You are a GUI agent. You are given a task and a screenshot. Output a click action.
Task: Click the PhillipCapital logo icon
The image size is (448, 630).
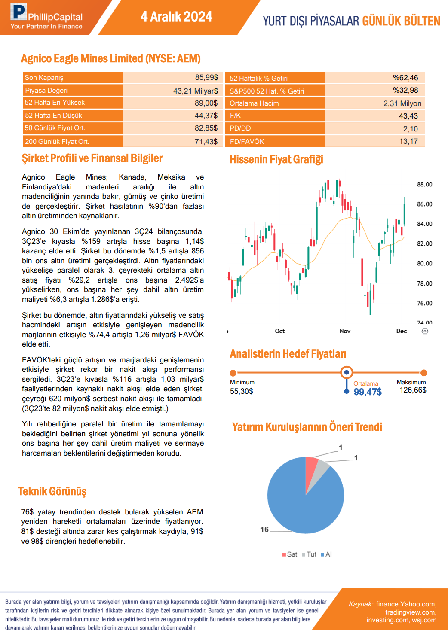(18, 12)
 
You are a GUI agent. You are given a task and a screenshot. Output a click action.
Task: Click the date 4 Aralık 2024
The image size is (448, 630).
(176, 17)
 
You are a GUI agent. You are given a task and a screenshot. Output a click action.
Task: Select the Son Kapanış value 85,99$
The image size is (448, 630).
(206, 77)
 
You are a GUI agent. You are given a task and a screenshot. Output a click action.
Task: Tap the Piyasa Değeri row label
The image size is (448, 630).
(46, 91)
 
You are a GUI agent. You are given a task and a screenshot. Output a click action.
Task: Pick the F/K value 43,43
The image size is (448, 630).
(408, 116)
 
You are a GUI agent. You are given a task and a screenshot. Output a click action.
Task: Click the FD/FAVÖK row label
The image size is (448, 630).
(247, 141)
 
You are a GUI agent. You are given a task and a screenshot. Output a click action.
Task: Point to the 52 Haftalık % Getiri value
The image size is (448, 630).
(405, 78)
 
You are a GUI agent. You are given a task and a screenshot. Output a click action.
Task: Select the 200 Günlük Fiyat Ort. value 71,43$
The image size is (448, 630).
(206, 141)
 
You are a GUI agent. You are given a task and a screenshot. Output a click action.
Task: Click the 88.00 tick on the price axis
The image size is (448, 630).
(424, 184)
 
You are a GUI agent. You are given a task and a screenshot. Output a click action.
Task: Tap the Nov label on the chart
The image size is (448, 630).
(345, 331)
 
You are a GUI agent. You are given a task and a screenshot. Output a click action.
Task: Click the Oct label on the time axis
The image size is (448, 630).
(280, 331)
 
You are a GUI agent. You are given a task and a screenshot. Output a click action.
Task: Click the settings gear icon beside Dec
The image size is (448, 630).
(425, 331)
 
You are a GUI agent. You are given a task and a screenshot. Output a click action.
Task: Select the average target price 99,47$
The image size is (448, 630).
(368, 392)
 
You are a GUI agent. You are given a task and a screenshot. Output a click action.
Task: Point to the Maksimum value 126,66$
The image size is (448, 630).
(413, 390)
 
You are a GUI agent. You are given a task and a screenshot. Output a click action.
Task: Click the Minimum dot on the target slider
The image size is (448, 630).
(233, 373)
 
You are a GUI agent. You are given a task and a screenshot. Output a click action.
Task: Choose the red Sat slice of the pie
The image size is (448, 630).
(311, 466)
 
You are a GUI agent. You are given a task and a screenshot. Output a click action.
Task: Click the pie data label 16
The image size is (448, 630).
(264, 530)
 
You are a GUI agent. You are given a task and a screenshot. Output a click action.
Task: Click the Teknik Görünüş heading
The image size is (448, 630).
(52, 491)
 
